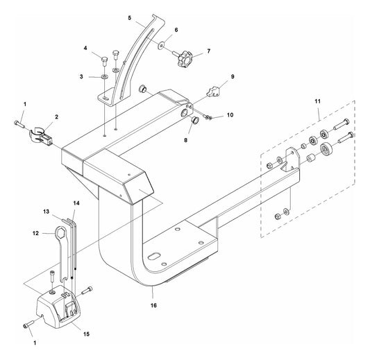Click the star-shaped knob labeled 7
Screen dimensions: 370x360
(x=185, y=58)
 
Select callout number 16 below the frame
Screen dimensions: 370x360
(x=153, y=305)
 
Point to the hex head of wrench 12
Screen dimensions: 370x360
(x=60, y=232)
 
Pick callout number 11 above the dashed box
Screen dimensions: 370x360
(x=318, y=101)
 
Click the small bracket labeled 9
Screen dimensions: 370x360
(x=214, y=92)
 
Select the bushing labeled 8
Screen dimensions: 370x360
(x=194, y=120)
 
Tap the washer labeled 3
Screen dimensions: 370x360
(x=104, y=76)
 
